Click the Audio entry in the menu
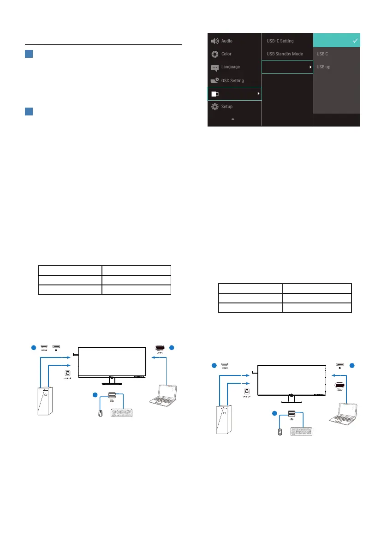pyautogui.click(x=226, y=41)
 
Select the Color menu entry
pyautogui.click(x=226, y=54)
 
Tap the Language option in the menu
pyautogui.click(x=230, y=67)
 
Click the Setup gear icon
pyautogui.click(x=214, y=107)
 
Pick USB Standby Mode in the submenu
pyautogui.click(x=285, y=54)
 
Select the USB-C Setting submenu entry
pyautogui.click(x=280, y=41)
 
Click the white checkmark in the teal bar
pyautogui.click(x=355, y=41)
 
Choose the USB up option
pyautogui.click(x=323, y=67)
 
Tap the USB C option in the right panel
pyautogui.click(x=322, y=54)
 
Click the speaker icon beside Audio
pyautogui.click(x=215, y=41)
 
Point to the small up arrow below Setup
pyautogui.click(x=233, y=119)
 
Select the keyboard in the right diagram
pyautogui.click(x=304, y=432)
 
